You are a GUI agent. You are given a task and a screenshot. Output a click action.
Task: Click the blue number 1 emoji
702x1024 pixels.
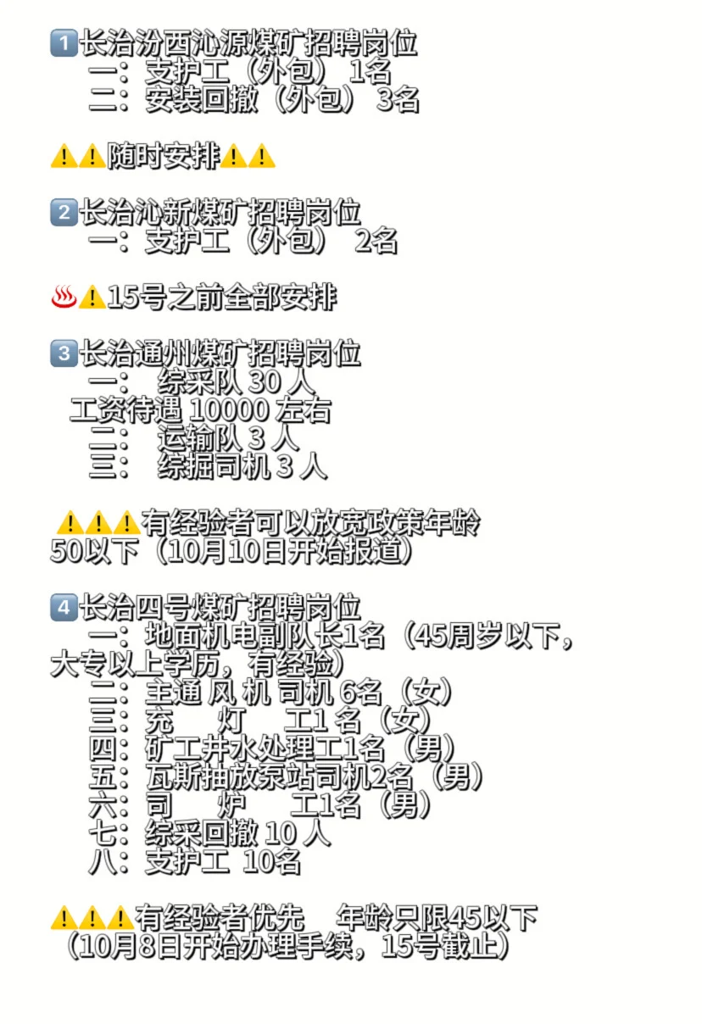[64, 42]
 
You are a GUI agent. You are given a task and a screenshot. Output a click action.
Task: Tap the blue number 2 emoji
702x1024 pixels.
[64, 212]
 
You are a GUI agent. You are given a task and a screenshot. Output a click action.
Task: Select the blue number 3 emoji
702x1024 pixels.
[64, 353]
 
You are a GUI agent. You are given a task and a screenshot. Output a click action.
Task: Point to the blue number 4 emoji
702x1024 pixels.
[64, 607]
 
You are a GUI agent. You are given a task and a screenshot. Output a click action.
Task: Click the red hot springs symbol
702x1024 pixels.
[64, 298]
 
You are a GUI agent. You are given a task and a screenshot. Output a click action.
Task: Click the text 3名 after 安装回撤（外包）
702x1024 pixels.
[398, 100]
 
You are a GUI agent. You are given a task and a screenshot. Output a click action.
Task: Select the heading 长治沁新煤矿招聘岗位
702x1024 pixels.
[220, 212]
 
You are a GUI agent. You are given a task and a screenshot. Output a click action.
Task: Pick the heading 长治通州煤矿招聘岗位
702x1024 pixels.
[220, 353]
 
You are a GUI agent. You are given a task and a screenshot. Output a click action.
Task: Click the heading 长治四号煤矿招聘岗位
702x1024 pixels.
[220, 607]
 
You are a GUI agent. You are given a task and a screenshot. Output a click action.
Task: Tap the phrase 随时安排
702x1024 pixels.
[163, 156]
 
